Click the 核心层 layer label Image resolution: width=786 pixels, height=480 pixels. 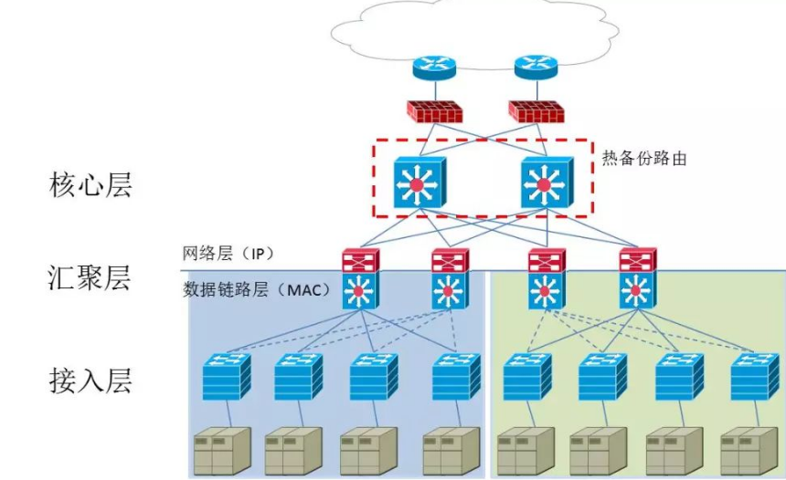click(x=90, y=185)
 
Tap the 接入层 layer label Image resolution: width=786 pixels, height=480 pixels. click(x=90, y=379)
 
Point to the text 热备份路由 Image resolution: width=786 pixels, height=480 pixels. click(x=643, y=158)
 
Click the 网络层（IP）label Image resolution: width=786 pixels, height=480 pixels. click(x=228, y=253)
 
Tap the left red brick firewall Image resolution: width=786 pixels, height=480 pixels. click(x=434, y=110)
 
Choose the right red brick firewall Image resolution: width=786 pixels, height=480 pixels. click(x=536, y=110)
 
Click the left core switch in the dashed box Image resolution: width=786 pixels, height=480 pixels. click(x=419, y=183)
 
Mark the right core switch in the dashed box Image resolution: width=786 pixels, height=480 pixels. click(x=546, y=183)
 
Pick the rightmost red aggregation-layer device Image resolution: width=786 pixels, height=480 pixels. click(x=637, y=260)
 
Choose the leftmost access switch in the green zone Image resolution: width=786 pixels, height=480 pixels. click(x=526, y=374)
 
